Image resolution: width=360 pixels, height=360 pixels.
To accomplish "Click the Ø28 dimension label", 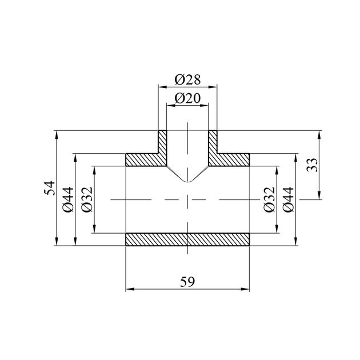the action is click(x=187, y=79).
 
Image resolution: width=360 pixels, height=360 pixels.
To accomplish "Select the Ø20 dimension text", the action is click(x=187, y=98).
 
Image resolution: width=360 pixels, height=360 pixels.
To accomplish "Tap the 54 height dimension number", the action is click(x=50, y=188).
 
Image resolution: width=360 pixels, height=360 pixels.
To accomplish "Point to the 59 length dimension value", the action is click(x=187, y=282).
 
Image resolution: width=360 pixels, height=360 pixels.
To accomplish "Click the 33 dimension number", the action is click(x=313, y=165).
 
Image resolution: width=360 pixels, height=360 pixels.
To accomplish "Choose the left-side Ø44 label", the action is click(x=68, y=199).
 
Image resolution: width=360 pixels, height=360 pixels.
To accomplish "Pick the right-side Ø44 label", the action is click(x=289, y=199).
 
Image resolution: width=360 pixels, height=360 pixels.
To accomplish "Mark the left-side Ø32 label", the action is click(x=87, y=199).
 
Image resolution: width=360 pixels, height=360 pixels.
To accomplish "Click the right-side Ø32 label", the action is click(x=269, y=199).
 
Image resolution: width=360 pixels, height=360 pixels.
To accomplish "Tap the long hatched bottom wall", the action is click(x=187, y=239).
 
